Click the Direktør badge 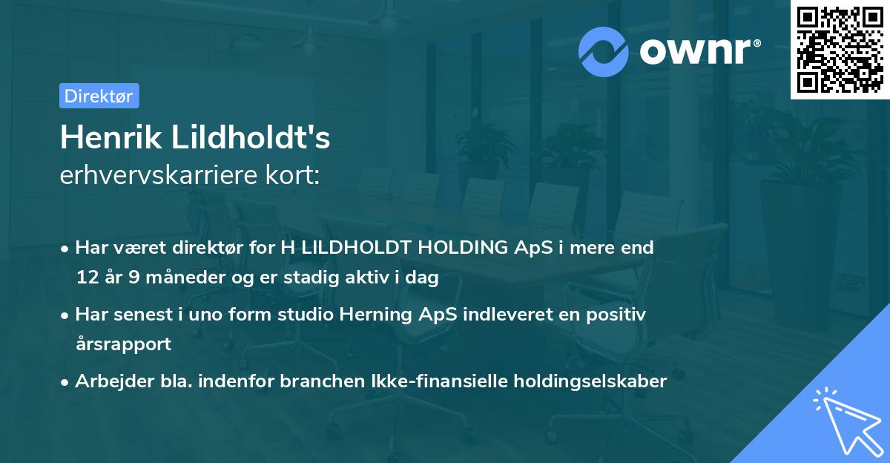[x=99, y=96]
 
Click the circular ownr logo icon [x=604, y=51]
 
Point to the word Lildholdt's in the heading [x=251, y=137]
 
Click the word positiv [x=619, y=315]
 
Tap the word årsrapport [x=123, y=344]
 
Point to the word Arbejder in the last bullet [x=108, y=381]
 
